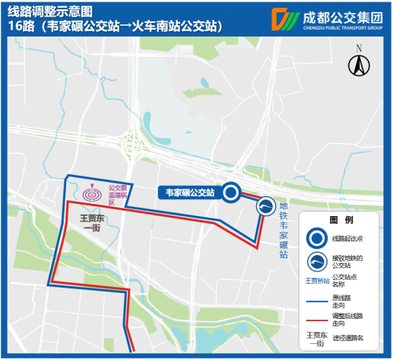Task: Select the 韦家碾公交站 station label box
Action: (x=189, y=193)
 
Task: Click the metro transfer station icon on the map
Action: (x=265, y=207)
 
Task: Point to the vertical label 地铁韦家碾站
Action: (x=283, y=229)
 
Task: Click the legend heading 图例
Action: (x=339, y=219)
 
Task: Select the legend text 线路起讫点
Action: (x=348, y=238)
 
